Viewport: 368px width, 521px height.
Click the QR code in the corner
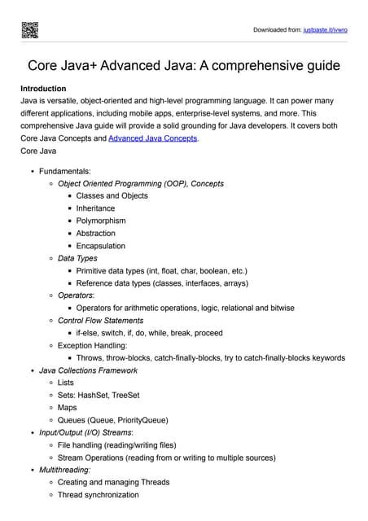click(x=29, y=29)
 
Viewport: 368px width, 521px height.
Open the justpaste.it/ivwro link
click(x=326, y=29)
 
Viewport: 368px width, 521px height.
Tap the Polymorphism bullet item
click(x=101, y=221)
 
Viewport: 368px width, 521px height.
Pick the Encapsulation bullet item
click(x=101, y=246)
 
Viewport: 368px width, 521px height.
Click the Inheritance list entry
click(x=95, y=208)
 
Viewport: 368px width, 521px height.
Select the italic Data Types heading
click(x=77, y=258)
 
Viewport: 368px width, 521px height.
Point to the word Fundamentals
click(x=65, y=171)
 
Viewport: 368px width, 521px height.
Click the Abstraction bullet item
click(x=96, y=233)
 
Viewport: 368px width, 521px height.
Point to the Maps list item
click(x=68, y=408)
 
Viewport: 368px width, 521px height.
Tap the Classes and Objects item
click(x=112, y=196)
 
